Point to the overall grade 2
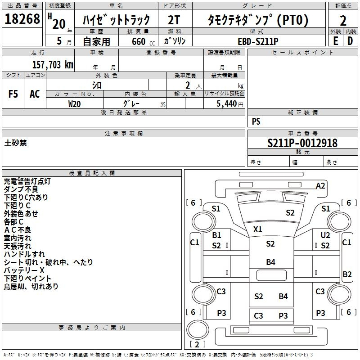343,20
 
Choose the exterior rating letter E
335,41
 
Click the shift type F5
13,94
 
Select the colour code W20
74,103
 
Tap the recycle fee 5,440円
229,103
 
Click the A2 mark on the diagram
320,185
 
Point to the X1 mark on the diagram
257,229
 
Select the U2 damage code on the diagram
325,235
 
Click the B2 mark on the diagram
347,274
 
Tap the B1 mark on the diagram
216,235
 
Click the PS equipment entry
256,121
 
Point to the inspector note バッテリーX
24,270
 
